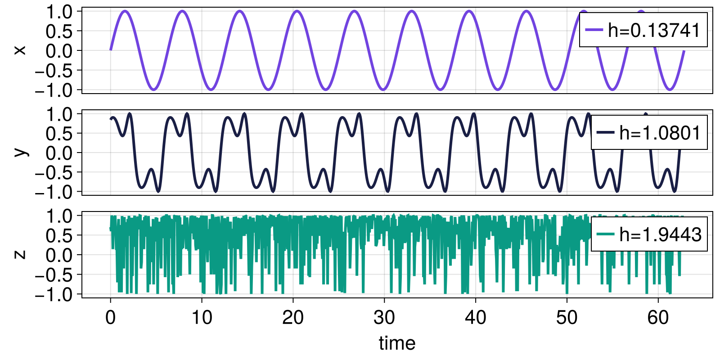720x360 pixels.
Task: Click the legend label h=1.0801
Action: (660, 133)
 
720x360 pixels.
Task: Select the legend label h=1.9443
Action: (660, 235)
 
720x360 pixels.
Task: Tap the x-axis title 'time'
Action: (397, 343)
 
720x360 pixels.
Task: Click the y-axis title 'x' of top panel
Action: (20, 50)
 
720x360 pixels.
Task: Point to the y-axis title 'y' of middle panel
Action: (20, 152)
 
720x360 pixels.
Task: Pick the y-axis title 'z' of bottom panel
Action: (20, 254)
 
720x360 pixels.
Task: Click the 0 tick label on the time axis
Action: (110, 318)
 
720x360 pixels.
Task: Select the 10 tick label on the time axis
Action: (202, 318)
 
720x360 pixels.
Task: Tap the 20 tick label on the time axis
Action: (293, 318)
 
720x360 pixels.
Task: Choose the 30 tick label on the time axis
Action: (384, 318)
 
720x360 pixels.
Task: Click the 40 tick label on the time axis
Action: (476, 318)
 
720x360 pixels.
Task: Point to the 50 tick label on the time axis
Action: (567, 318)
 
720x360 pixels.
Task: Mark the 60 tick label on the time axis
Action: (658, 318)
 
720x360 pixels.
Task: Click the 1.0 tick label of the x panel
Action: (59, 12)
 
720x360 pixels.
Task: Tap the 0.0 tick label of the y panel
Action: (59, 153)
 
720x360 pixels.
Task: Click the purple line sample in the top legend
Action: (594, 31)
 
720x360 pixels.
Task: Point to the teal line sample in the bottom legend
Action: (605, 235)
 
